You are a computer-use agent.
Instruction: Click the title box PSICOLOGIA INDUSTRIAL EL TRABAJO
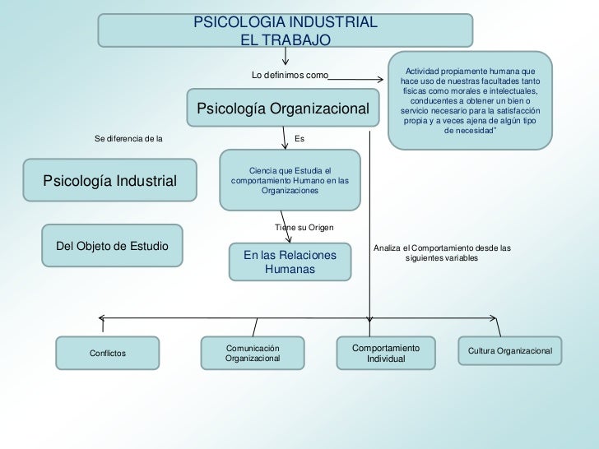coord(286,30)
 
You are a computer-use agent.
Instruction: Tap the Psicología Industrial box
coord(109,180)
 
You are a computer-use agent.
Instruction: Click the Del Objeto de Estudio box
coord(111,245)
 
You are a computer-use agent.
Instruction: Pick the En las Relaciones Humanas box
coord(290,262)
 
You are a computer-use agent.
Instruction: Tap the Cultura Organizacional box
coord(509,352)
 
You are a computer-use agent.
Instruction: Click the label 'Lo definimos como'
coord(289,76)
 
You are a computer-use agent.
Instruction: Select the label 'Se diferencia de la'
coord(128,138)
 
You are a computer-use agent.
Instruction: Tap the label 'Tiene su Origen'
coord(303,227)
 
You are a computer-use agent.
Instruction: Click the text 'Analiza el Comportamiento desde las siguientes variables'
coord(442,252)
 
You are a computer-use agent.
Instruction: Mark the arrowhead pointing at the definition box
coord(380,80)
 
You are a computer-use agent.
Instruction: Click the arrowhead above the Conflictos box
coord(100,317)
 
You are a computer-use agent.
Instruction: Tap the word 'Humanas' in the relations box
coord(290,270)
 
